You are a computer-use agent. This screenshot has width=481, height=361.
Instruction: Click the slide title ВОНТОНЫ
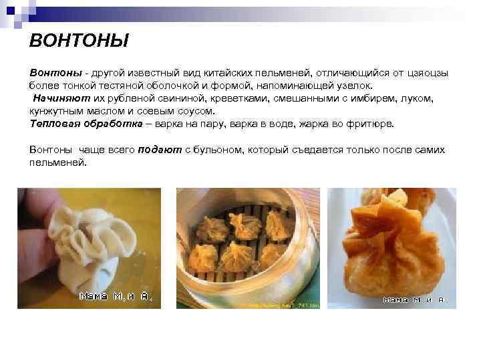tap(79, 42)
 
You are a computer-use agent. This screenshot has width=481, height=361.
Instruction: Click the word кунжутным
tap(57, 111)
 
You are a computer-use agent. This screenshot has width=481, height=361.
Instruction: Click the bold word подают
tap(160, 150)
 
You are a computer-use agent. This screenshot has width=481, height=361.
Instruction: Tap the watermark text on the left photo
tap(116, 297)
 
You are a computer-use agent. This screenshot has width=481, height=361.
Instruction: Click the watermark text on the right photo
tap(415, 299)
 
